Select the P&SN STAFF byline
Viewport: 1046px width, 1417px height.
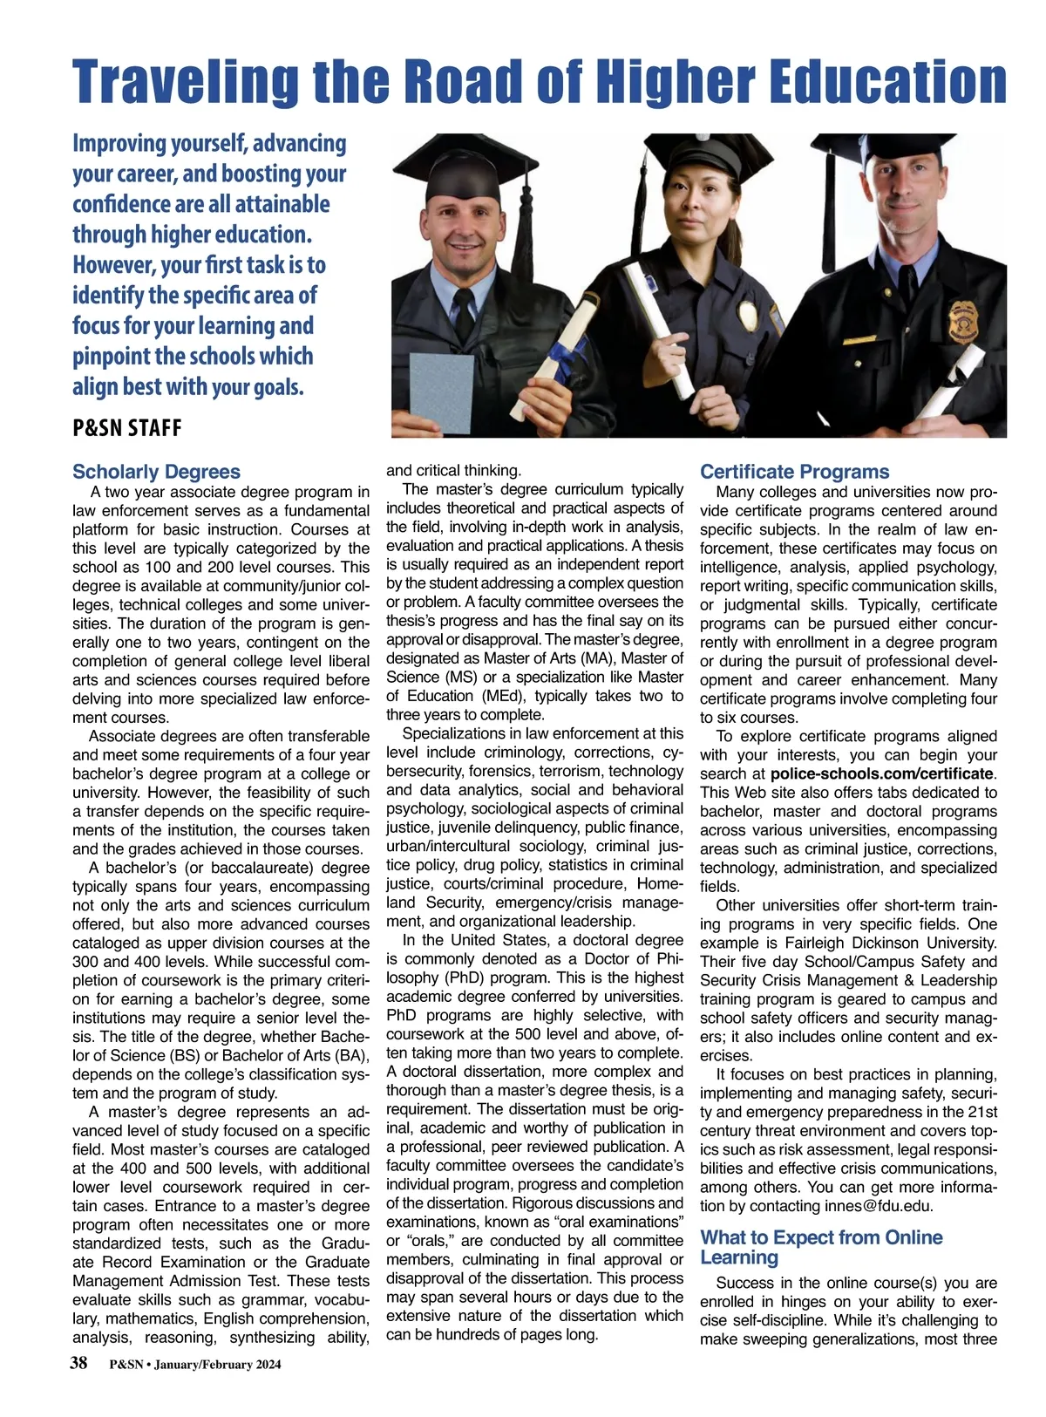click(x=127, y=427)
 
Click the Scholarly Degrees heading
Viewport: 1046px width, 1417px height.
click(x=156, y=472)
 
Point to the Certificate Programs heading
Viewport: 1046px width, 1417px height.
click(x=794, y=472)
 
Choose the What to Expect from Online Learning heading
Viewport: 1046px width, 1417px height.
click(x=821, y=1247)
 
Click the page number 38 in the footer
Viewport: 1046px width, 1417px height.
click(x=78, y=1364)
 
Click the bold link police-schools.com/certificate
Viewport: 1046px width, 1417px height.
click(x=881, y=773)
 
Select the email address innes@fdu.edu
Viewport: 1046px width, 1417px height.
click(x=879, y=1206)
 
